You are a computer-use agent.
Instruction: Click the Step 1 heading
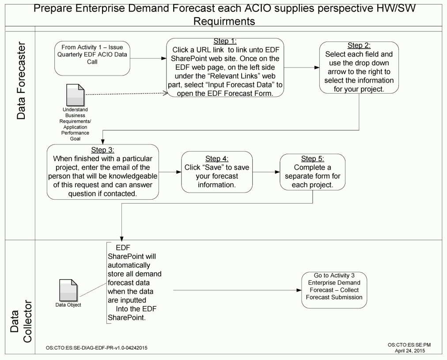tap(225, 41)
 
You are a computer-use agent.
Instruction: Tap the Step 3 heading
tap(102, 150)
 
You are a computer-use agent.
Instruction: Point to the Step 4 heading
tap(217, 159)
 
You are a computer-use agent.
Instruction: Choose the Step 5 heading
tap(312, 159)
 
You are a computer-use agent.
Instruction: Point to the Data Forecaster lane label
tap(21, 82)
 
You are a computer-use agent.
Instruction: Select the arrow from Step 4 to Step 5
tap(266, 172)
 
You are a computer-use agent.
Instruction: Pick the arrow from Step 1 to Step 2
tap(301, 68)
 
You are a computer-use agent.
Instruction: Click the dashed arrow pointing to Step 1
tap(126, 94)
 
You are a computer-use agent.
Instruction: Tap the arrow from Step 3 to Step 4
tap(170, 171)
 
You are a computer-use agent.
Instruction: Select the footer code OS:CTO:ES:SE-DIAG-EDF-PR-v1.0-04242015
tap(97, 348)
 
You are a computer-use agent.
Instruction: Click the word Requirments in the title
tap(223, 20)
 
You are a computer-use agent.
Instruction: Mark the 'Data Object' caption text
tap(68, 304)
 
